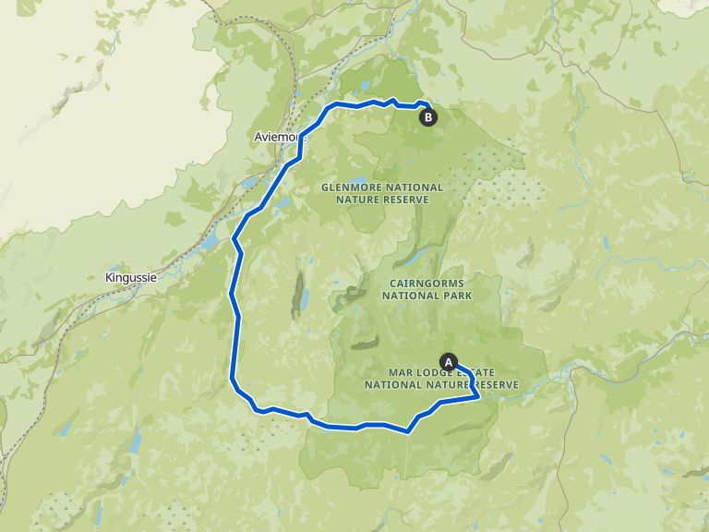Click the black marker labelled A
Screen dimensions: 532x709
click(x=450, y=361)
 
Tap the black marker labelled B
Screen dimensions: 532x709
click(x=427, y=117)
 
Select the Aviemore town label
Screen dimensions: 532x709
click(x=275, y=137)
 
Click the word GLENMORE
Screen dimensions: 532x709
click(x=349, y=187)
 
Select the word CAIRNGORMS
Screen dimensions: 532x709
click(x=427, y=283)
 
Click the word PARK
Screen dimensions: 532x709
click(x=456, y=296)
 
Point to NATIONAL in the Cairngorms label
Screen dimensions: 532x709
click(x=412, y=296)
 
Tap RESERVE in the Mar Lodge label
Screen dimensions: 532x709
click(x=496, y=384)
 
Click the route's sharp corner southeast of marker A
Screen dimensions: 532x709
click(x=477, y=396)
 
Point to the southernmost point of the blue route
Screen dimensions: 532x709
click(x=408, y=431)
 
